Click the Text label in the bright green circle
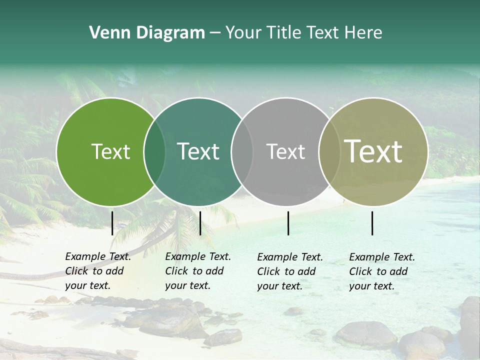(x=110, y=152)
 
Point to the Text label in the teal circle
(x=198, y=152)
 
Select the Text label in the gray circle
(x=285, y=152)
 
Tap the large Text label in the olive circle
(x=373, y=152)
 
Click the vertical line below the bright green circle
(x=112, y=223)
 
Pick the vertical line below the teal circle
(x=200, y=223)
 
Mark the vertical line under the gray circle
(x=288, y=223)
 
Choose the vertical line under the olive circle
(x=372, y=223)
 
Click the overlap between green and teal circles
(x=154, y=152)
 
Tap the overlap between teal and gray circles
(x=242, y=152)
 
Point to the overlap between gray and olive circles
(x=328, y=152)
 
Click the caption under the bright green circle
(x=98, y=271)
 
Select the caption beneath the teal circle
(x=198, y=271)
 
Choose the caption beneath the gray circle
(x=290, y=271)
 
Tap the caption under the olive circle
(x=382, y=271)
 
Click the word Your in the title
(x=242, y=33)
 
